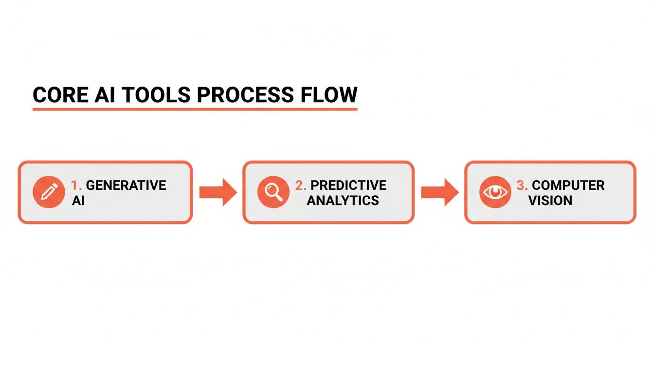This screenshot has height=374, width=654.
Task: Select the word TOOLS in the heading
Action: (x=155, y=95)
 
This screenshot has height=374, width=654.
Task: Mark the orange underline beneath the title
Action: (x=195, y=109)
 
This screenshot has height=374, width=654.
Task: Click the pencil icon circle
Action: (x=49, y=192)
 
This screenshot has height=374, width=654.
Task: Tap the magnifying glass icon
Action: (x=272, y=192)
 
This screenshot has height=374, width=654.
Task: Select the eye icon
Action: (x=494, y=192)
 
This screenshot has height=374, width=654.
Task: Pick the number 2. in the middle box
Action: (x=301, y=186)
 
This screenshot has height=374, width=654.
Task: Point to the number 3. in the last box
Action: (x=522, y=186)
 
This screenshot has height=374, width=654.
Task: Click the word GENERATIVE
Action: (x=126, y=186)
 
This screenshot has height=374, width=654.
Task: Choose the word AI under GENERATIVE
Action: (x=78, y=200)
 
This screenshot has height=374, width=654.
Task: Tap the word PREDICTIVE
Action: (x=348, y=186)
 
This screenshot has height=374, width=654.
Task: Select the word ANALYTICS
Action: (x=343, y=200)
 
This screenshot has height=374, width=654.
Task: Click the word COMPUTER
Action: (x=568, y=186)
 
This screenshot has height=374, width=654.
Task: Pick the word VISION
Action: (x=550, y=200)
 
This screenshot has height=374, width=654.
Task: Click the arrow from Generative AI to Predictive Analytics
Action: (x=217, y=192)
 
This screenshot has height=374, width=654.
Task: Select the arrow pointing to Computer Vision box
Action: (x=439, y=192)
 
